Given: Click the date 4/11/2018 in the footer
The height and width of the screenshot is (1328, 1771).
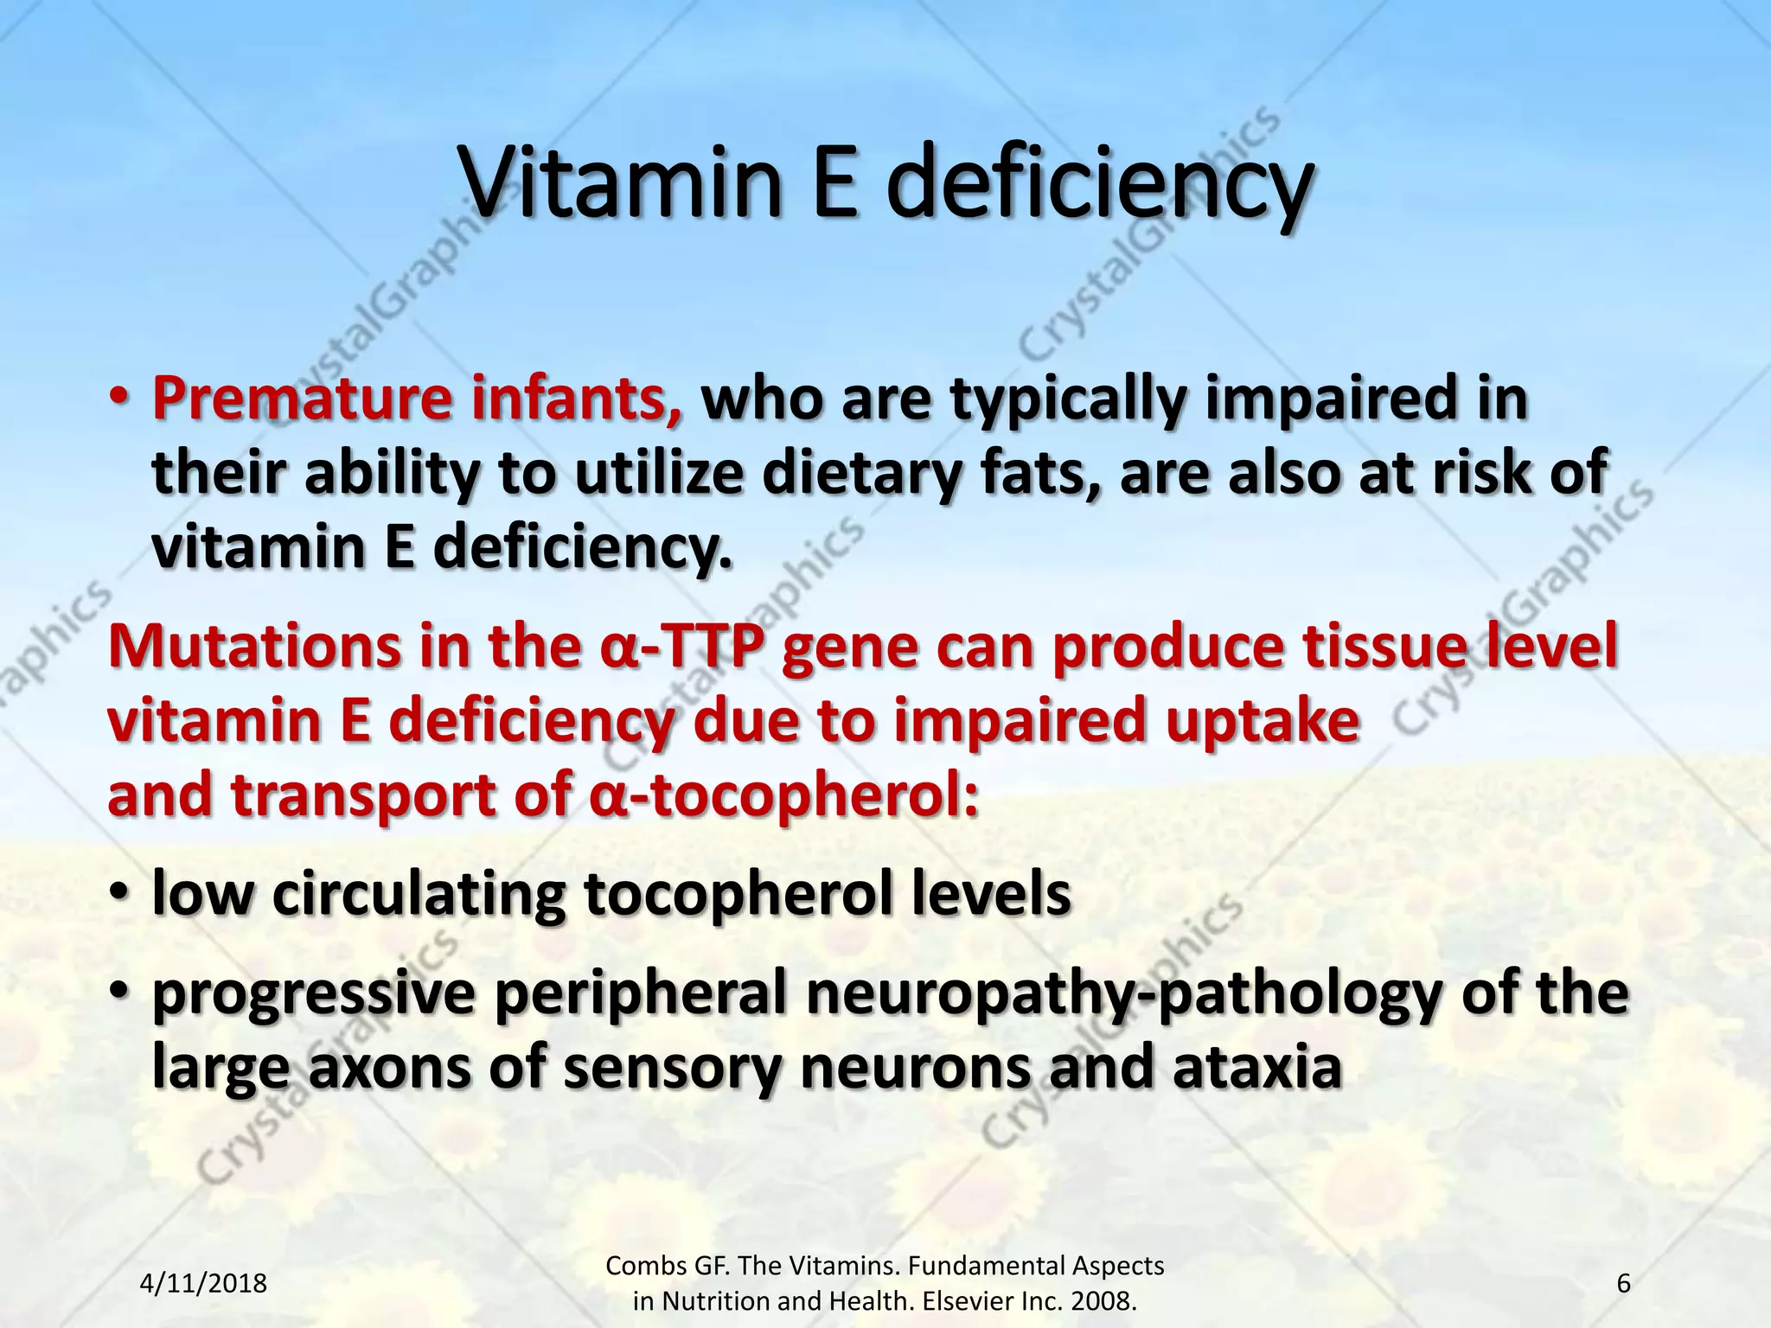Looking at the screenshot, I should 203,1283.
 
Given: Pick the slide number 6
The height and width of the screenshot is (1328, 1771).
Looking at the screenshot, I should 1623,1283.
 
